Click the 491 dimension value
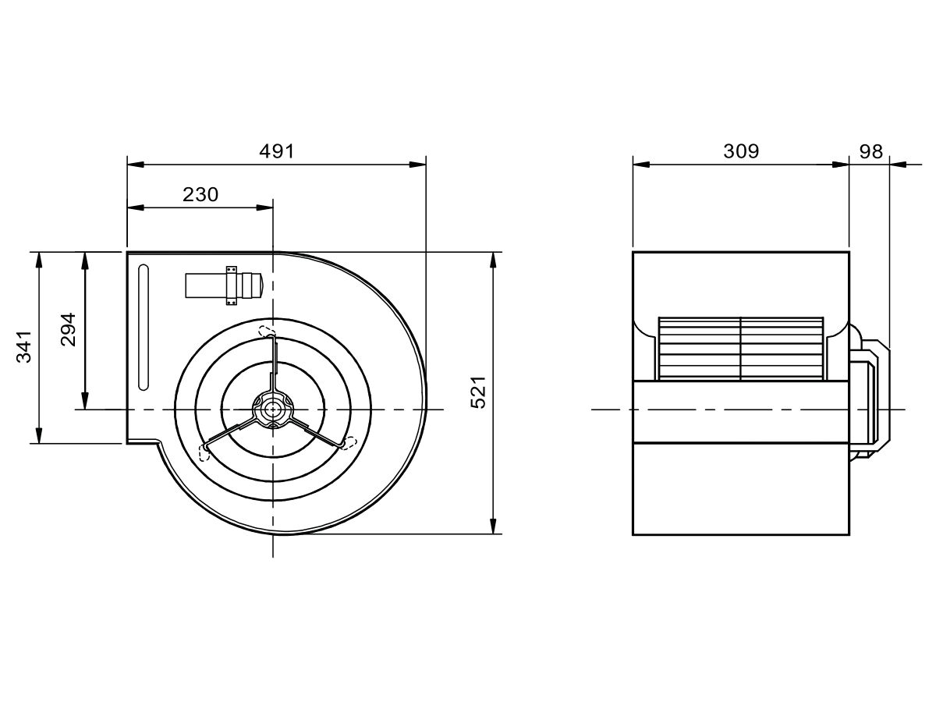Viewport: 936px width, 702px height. pos(277,151)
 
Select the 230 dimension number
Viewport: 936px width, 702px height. pos(200,195)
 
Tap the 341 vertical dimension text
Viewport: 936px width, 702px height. pos(24,346)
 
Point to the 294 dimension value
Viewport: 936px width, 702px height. pos(68,329)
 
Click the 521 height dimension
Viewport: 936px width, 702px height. pos(478,392)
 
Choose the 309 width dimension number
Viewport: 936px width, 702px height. pos(741,151)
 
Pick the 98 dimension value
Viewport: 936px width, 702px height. pos(870,151)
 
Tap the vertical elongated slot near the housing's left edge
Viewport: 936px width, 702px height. pos(144,328)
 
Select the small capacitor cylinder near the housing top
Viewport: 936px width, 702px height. pos(224,285)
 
